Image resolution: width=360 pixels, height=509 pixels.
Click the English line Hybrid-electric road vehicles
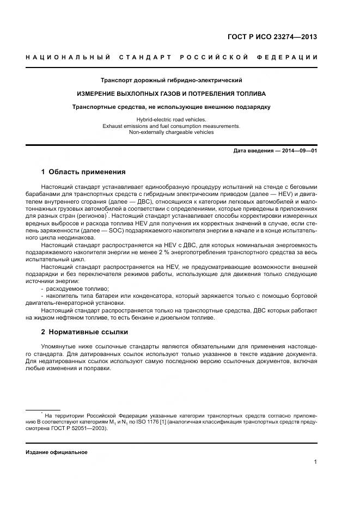[x=172, y=119]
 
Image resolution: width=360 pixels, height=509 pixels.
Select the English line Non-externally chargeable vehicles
[x=172, y=132]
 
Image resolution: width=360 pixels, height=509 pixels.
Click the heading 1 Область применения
[x=83, y=172]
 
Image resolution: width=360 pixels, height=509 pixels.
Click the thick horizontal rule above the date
[x=172, y=144]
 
